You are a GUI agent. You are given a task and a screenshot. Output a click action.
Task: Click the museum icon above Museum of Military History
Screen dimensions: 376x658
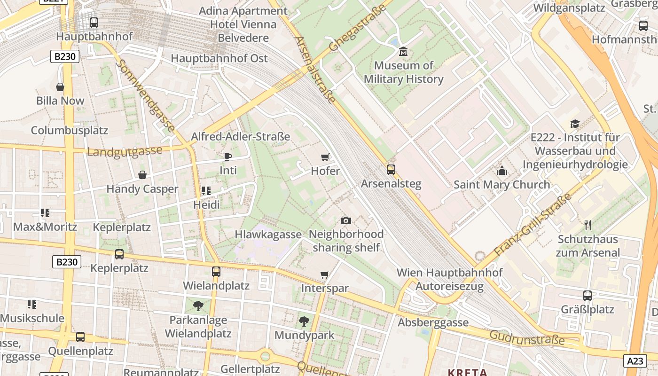coord(403,51)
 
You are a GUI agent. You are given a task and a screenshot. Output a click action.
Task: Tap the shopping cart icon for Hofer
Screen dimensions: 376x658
coord(325,157)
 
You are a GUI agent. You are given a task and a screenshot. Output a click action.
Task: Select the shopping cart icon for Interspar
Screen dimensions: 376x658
coord(324,274)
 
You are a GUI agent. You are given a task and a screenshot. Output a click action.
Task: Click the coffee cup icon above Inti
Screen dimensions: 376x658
coord(228,156)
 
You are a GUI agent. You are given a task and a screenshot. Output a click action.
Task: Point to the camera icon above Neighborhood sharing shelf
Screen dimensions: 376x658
coord(345,220)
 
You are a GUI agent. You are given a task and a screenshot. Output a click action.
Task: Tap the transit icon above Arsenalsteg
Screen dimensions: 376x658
coord(391,170)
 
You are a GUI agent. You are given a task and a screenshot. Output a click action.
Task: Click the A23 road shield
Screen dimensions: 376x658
coord(635,361)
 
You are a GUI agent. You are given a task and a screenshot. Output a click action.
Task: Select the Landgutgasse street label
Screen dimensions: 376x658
coord(125,151)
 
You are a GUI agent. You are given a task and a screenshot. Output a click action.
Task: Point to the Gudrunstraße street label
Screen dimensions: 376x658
coord(527,337)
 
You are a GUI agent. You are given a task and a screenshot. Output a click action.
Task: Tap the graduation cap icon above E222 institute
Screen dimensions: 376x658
coord(575,124)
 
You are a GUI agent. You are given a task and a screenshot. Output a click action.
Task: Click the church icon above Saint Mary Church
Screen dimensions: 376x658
coord(502,171)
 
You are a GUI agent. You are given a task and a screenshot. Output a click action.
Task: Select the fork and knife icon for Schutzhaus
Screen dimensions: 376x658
coord(588,225)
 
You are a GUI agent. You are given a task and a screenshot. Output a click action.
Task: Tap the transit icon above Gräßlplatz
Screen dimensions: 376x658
coord(587,296)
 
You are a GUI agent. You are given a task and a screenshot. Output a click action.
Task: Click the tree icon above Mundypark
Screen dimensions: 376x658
coord(304,321)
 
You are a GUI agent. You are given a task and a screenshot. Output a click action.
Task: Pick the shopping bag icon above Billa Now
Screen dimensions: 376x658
coord(60,87)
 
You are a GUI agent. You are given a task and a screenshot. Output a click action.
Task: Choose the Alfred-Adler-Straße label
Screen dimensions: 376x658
coord(240,136)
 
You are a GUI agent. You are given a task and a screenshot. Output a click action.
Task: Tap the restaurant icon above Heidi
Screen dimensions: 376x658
coord(206,190)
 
